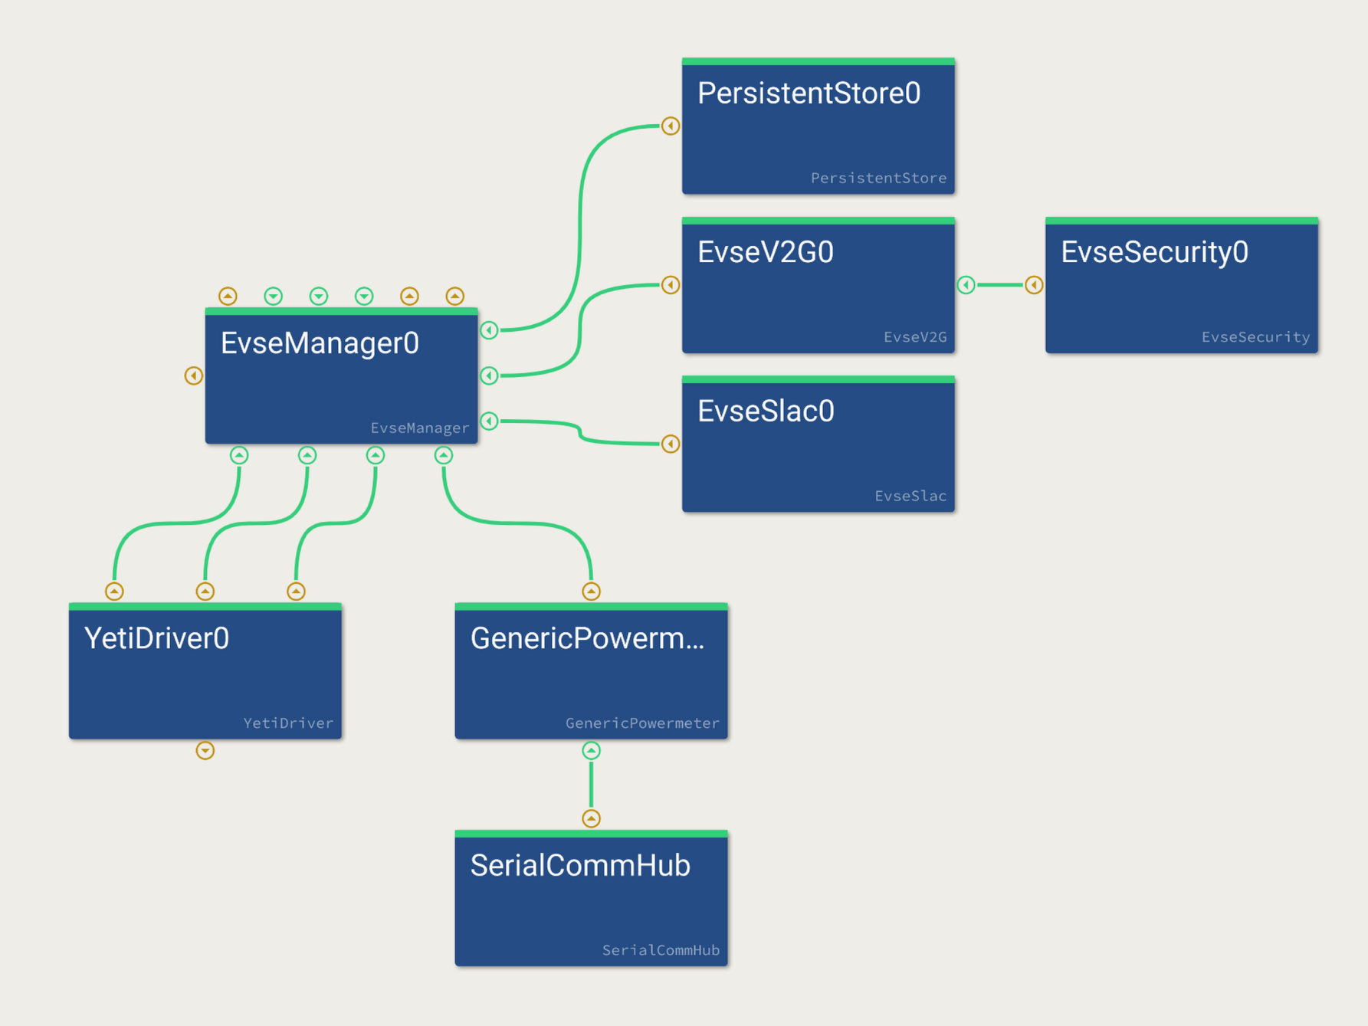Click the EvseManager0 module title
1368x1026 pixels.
(320, 343)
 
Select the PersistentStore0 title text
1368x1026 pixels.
(809, 93)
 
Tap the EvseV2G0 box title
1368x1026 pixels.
(765, 252)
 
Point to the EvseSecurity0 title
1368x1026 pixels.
(1154, 252)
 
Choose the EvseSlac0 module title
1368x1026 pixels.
(766, 411)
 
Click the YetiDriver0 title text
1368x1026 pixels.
(156, 638)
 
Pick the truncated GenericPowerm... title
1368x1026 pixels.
(587, 638)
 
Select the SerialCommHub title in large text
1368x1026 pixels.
(580, 866)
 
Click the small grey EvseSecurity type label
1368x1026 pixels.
(1255, 337)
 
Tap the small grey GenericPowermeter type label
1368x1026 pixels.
(642, 723)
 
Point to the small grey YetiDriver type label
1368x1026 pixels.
(288, 723)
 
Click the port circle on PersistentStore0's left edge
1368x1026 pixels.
(671, 126)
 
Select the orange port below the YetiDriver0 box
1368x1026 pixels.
(205, 751)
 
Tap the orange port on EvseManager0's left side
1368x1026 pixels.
(193, 375)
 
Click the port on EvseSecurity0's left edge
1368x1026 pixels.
(1034, 285)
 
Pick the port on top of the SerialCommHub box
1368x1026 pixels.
(591, 818)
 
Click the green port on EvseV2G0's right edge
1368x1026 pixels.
(966, 285)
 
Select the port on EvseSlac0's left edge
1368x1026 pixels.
(671, 444)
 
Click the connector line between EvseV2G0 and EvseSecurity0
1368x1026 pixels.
(1000, 285)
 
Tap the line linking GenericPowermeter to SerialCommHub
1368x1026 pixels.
(591, 785)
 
